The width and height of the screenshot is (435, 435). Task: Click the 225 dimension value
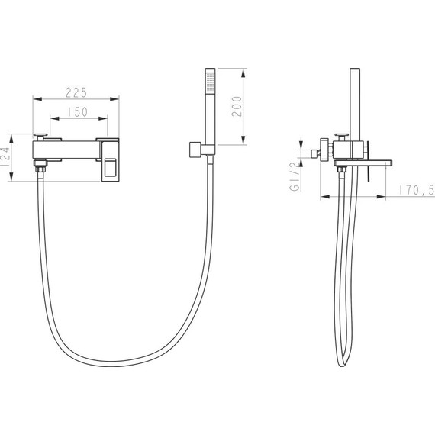click(76, 92)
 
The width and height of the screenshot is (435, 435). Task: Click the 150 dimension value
click(78, 112)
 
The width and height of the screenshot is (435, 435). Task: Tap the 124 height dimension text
click(5, 157)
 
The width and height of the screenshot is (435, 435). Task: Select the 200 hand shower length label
click(237, 107)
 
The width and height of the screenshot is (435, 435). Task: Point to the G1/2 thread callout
click(295, 177)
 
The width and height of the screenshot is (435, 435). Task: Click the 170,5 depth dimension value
click(417, 190)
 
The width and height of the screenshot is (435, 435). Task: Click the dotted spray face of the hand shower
click(211, 82)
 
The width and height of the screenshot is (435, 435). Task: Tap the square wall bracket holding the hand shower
click(195, 150)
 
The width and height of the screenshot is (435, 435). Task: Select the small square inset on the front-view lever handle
click(110, 167)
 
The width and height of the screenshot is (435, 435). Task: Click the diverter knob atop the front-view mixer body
click(40, 137)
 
